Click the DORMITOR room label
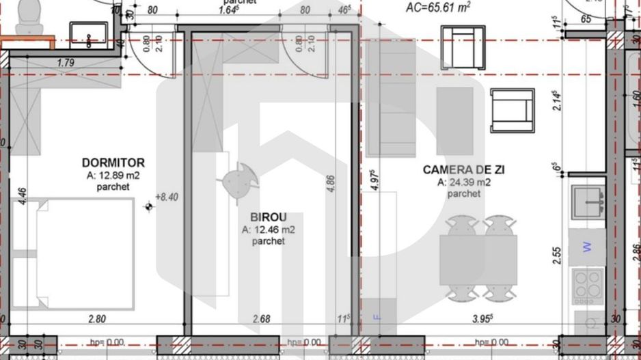pos(113,163)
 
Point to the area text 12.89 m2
pos(113,175)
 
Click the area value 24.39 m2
pos(463,182)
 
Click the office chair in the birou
pos(238,182)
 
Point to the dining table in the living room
pos(478,260)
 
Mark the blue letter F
pos(374,316)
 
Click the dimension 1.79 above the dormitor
pos(66,64)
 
